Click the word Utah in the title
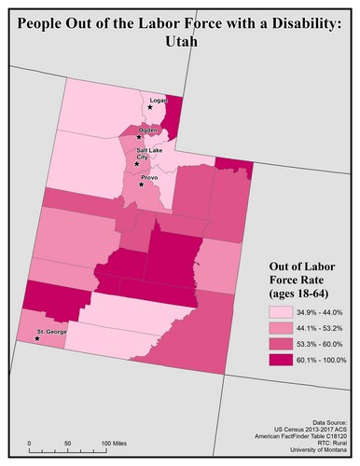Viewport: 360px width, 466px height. pyautogui.click(x=180, y=43)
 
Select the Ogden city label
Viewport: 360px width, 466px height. pyautogui.click(x=149, y=130)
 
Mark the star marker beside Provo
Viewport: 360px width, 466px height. pyautogui.click(x=142, y=185)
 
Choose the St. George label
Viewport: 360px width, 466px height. pyautogui.click(x=48, y=332)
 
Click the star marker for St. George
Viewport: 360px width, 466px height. pyautogui.click(x=37, y=339)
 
